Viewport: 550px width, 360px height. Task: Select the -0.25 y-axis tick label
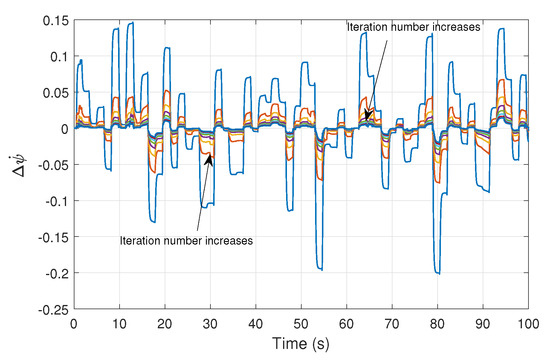50,310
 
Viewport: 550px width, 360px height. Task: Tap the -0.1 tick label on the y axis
54,201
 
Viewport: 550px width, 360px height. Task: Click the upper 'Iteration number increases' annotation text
414,27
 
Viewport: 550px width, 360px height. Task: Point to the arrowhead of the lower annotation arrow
208,155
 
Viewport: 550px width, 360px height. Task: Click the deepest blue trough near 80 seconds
437,272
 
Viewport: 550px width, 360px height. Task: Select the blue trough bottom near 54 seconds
320,268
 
